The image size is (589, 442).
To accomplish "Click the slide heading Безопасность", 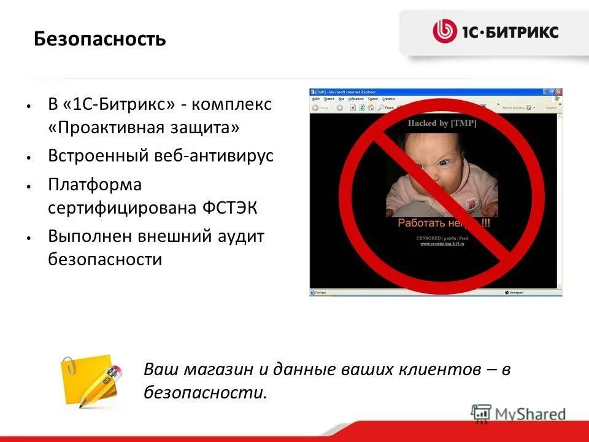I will click(x=99, y=39).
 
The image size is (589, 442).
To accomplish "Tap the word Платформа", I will click(x=94, y=184).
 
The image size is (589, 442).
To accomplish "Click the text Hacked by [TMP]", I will click(x=442, y=123).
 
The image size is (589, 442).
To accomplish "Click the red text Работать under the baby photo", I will click(x=421, y=223).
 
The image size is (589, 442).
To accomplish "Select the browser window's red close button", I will click(x=559, y=92).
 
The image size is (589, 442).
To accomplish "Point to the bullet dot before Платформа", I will click(x=29, y=185).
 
